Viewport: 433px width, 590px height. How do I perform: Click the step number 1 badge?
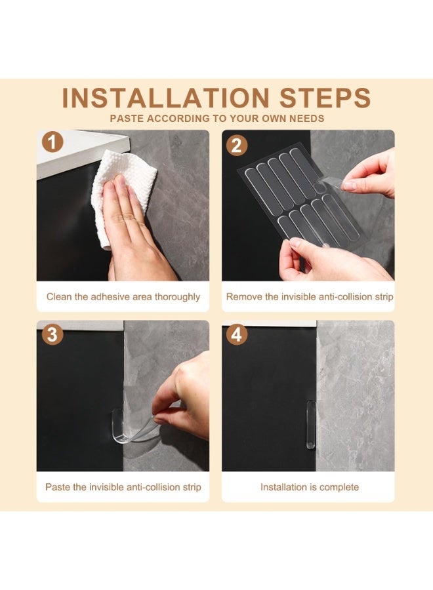pos(52,142)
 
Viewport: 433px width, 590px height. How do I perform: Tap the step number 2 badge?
pos(236,146)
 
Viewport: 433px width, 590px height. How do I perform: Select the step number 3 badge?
pos(52,334)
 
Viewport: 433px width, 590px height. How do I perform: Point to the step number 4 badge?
pos(236,334)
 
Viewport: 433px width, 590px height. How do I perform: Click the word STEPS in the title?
pos(325,98)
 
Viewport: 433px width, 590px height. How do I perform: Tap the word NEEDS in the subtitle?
pos(306,119)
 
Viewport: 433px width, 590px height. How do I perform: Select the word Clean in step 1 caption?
pos(59,296)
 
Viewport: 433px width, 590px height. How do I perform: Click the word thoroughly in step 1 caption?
pos(177,297)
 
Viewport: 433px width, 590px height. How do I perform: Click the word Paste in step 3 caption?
pos(58,487)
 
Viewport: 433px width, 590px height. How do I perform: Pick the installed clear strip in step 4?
pos(310,424)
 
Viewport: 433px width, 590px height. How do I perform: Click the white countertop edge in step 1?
pos(83,152)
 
